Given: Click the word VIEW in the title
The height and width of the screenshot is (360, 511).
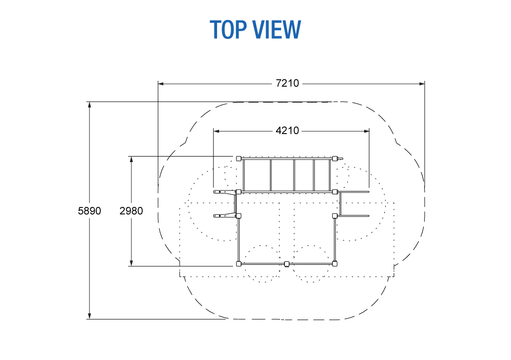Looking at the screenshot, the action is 277,29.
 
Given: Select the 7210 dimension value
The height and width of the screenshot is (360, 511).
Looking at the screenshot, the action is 287,83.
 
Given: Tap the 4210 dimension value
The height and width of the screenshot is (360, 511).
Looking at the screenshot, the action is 287,131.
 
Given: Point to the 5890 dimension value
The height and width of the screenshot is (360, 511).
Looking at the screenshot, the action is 89,211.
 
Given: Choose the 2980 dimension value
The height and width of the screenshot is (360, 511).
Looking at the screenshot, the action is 131,211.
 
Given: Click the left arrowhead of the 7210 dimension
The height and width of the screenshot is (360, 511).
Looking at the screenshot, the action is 161,84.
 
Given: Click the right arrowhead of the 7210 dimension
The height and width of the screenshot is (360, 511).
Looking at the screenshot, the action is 422,84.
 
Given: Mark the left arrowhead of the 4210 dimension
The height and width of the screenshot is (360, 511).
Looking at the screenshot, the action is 217,131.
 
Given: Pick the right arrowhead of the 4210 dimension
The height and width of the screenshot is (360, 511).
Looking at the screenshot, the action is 366,131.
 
